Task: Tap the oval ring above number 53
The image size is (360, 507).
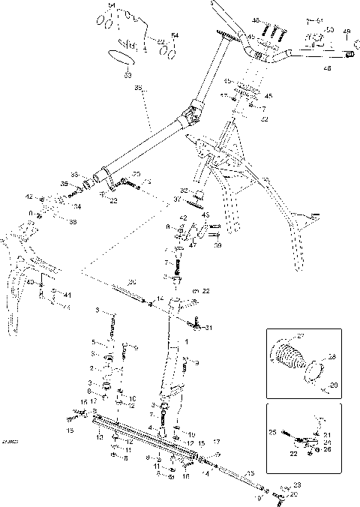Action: tap(119, 57)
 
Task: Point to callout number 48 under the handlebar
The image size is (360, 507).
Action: tap(326, 68)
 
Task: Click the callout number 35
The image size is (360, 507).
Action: tap(138, 88)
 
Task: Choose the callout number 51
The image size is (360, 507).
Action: tap(319, 19)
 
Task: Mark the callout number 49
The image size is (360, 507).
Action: tap(346, 31)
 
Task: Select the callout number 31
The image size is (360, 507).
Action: tap(209, 328)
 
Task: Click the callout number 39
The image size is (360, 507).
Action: tap(217, 245)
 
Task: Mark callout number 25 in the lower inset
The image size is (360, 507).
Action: tap(273, 433)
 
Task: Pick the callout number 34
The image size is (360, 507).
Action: tap(76, 205)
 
